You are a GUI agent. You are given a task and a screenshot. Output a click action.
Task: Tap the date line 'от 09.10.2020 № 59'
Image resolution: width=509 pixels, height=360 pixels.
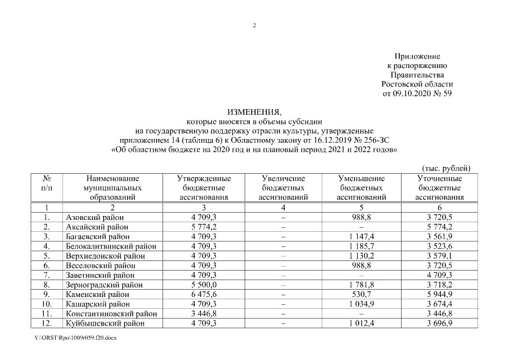tap(417, 93)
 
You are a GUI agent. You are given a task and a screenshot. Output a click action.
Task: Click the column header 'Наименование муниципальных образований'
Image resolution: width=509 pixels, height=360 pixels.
tap(112, 188)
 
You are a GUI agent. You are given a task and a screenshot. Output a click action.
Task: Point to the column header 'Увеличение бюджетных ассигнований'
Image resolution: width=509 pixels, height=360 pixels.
tap(283, 188)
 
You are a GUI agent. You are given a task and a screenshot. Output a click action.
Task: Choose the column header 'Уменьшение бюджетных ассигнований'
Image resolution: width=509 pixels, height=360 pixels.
tap(361, 188)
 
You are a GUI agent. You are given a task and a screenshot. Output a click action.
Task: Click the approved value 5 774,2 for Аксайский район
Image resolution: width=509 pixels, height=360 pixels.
tap(204, 227)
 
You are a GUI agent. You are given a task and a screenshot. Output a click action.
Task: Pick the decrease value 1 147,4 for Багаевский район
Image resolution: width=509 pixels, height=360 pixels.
tap(361, 237)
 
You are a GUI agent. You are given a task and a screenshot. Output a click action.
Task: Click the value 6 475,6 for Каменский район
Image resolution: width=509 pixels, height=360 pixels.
tap(204, 295)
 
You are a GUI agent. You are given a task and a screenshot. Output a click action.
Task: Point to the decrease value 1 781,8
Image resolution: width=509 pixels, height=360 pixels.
tap(361, 285)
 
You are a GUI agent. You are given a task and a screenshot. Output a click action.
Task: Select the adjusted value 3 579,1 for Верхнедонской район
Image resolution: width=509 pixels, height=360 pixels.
tap(439, 256)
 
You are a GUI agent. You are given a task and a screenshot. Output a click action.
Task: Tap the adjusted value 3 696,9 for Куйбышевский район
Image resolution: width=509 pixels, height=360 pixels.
tap(439, 323)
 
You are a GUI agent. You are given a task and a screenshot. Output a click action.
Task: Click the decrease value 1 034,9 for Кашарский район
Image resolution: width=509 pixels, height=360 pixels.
tap(361, 304)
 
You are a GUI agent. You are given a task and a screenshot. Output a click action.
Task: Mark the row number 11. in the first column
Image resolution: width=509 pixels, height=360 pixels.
tap(48, 314)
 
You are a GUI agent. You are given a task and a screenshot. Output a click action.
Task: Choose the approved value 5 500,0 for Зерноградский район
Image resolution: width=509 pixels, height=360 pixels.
tap(204, 285)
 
